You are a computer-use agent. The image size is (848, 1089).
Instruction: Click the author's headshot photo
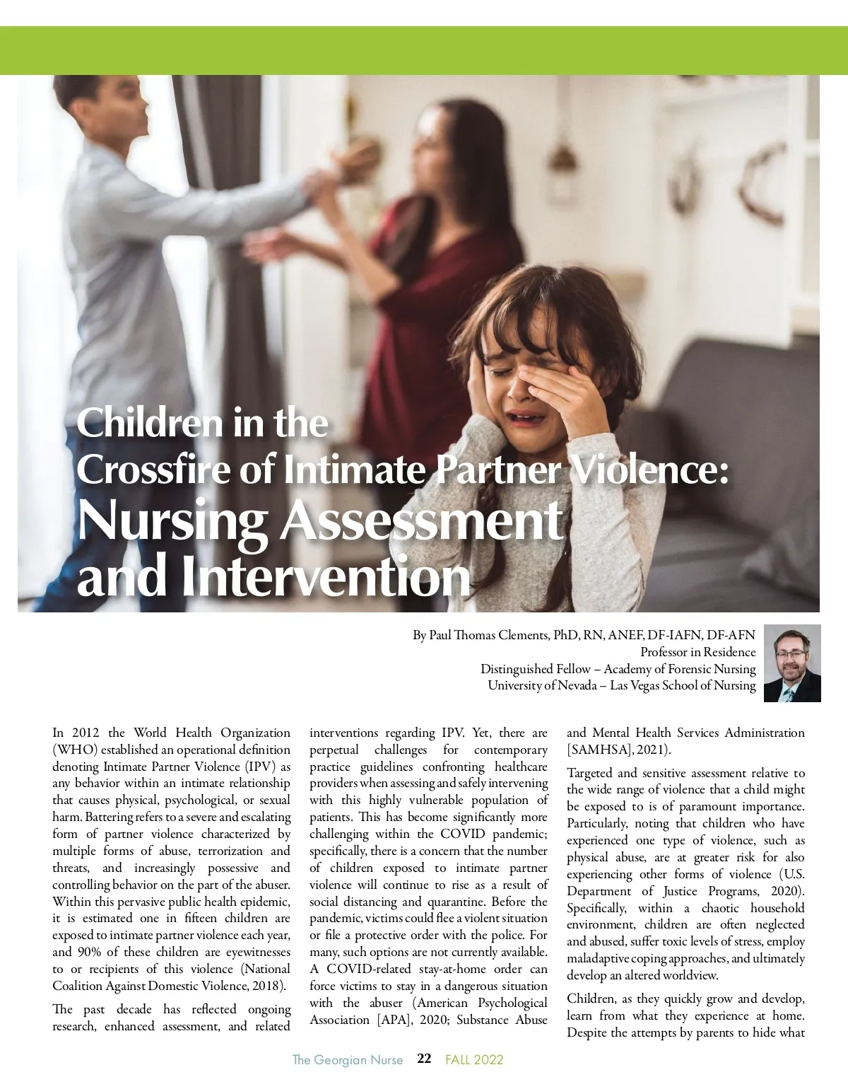click(792, 663)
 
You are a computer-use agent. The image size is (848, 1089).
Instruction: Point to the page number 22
click(424, 1059)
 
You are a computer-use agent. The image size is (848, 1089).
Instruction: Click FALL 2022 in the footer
click(474, 1059)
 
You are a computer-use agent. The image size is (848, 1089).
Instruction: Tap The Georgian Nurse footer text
click(348, 1059)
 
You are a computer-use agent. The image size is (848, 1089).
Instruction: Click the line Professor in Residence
click(697, 652)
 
